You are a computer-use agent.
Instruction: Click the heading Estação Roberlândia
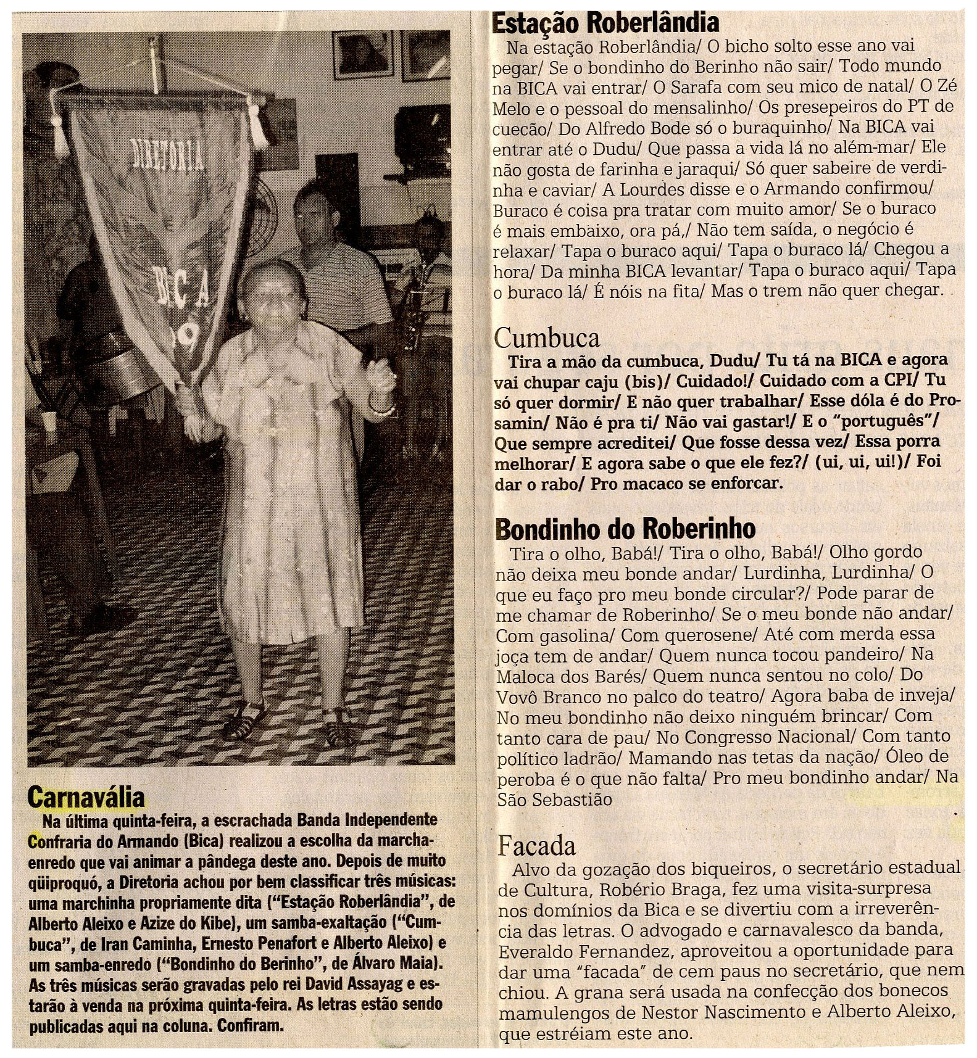605,22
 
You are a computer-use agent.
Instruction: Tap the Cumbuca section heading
547,337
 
